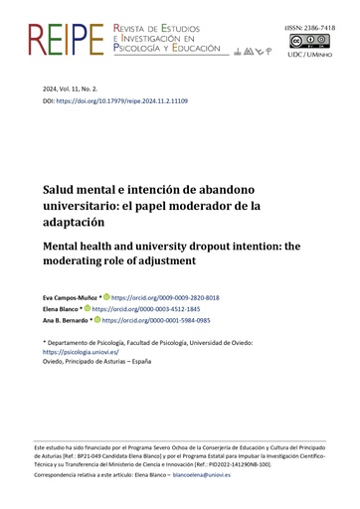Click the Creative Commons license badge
click(322, 42)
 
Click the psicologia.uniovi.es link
click(80, 351)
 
